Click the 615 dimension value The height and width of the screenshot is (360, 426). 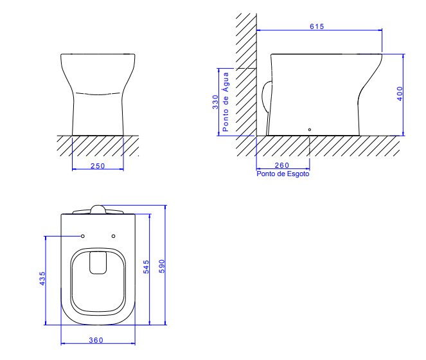pos(317,26)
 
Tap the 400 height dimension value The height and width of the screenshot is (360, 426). pos(400,93)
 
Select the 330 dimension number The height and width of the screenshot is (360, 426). pos(215,102)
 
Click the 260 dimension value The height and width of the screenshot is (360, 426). pos(281,165)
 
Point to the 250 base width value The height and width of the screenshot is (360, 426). pos(98,166)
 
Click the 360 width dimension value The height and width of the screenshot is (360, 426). pos(96,340)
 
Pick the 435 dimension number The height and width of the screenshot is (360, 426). pos(42,278)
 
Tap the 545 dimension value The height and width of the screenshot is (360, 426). pos(146,267)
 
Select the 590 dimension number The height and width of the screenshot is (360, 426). pos(162,267)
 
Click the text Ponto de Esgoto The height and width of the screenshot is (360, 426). pos(283,174)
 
